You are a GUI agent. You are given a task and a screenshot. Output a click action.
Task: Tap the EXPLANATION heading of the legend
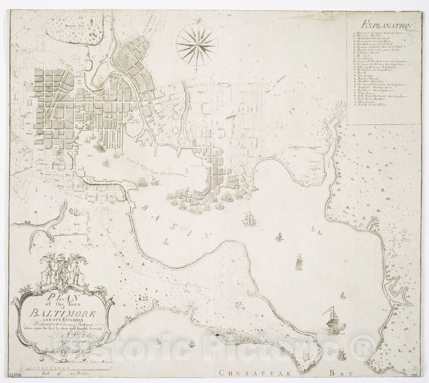(x=387, y=25)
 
